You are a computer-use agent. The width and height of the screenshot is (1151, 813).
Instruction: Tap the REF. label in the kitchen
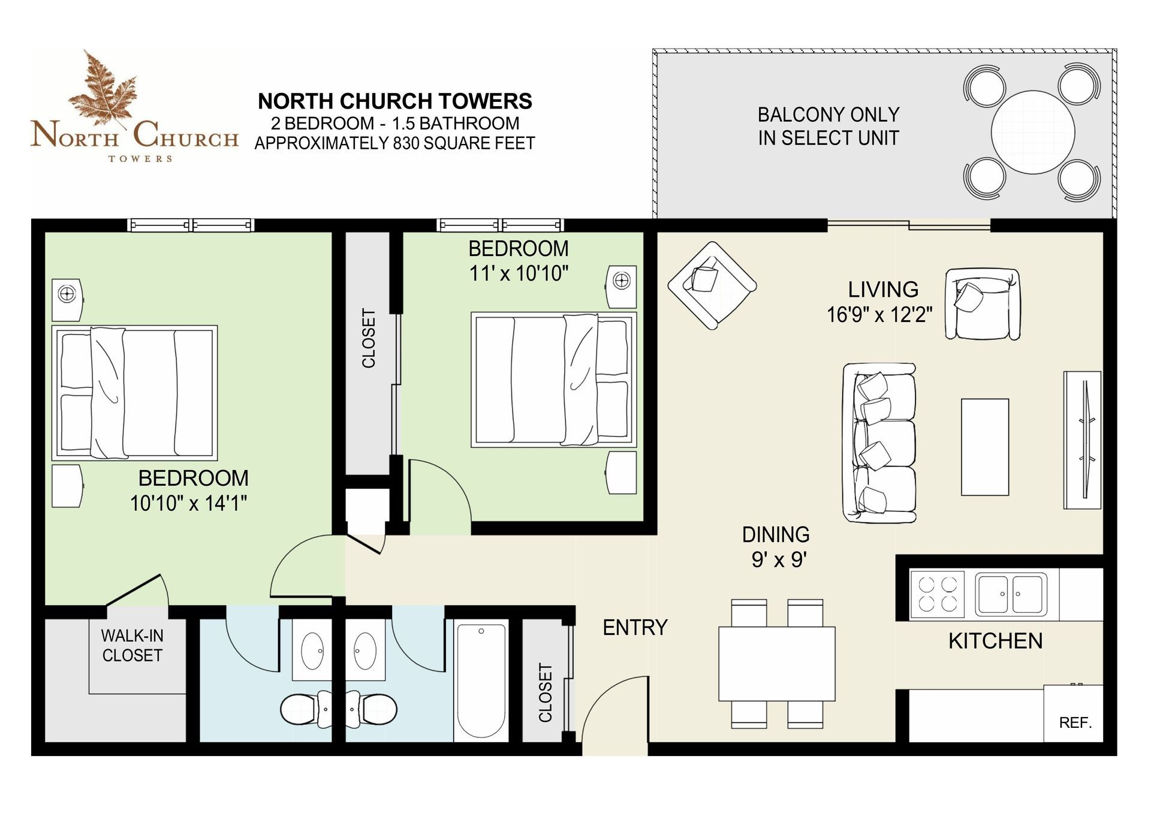1075,722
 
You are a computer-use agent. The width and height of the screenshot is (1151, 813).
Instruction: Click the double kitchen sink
1011,594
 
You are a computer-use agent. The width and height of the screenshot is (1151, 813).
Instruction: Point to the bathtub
481,680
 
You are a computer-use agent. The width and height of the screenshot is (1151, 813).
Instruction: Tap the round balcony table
1032,132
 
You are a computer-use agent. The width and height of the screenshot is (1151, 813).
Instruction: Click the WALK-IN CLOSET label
132,645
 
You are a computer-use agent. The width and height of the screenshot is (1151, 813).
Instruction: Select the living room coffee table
985,447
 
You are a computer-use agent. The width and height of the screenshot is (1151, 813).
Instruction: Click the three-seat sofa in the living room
879,442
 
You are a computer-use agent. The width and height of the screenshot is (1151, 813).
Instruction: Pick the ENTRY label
635,627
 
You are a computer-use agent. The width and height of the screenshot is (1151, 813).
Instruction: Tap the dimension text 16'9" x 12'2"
879,314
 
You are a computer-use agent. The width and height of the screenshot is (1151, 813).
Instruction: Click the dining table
777,664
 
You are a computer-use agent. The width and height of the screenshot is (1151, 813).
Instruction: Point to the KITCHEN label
995,641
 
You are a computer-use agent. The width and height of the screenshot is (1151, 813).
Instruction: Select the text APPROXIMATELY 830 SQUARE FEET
394,143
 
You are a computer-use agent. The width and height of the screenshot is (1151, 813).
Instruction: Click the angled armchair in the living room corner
712,285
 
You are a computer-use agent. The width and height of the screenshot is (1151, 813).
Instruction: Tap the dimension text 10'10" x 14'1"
189,503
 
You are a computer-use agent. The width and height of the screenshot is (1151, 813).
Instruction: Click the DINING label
776,534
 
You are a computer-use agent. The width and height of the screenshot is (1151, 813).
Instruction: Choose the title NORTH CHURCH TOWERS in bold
395,101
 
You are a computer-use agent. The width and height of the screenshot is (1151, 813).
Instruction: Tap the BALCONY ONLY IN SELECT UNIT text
828,126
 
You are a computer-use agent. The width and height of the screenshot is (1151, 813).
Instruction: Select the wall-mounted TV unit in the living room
1082,440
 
